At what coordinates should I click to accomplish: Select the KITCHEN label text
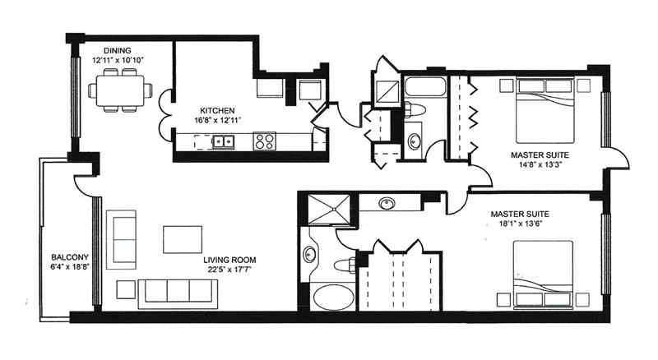218,110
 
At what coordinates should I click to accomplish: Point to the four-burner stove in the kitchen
264,141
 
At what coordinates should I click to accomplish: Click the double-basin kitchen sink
223,142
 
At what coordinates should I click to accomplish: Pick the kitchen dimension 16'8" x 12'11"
218,121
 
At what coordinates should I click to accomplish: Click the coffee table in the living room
183,239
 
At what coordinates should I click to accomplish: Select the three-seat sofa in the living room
177,291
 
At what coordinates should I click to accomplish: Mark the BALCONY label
65,256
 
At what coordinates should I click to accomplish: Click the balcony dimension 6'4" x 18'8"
65,266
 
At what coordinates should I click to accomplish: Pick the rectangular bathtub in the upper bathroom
424,87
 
